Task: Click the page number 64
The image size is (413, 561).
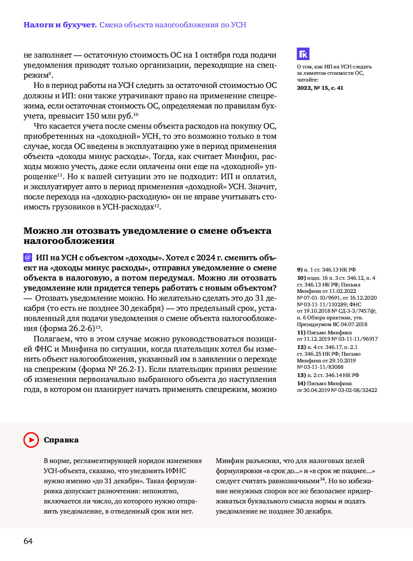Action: pyautogui.click(x=28, y=541)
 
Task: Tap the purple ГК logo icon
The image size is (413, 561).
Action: pyautogui.click(x=303, y=54)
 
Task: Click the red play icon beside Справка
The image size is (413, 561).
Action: pyautogui.click(x=31, y=440)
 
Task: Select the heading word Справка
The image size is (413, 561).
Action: pyautogui.click(x=61, y=440)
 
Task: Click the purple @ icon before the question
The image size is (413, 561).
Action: pyautogui.click(x=28, y=257)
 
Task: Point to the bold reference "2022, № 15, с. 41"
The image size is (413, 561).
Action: pyautogui.click(x=320, y=88)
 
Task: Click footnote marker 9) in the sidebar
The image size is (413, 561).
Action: pyautogui.click(x=300, y=270)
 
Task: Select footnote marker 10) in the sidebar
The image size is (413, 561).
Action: pyautogui.click(x=301, y=278)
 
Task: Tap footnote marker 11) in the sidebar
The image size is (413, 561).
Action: pyautogui.click(x=301, y=332)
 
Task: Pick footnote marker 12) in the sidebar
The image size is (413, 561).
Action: pyautogui.click(x=301, y=347)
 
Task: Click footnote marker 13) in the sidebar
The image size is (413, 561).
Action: pyautogui.click(x=301, y=375)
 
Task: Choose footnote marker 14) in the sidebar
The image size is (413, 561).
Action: pyautogui.click(x=301, y=383)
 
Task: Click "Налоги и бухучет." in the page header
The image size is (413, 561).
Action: pyautogui.click(x=60, y=25)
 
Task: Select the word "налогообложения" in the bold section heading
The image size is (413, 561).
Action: pyautogui.click(x=69, y=241)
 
